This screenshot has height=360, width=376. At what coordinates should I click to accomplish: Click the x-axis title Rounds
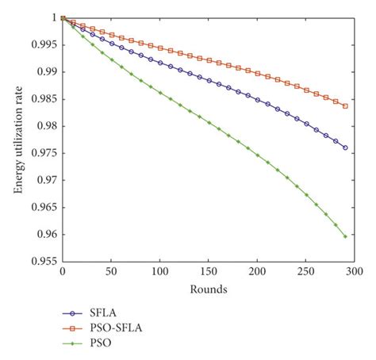[x=209, y=289]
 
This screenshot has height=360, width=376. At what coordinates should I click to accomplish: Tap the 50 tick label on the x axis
[x=110, y=273]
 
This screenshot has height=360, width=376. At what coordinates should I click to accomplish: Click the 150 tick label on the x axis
[x=209, y=273]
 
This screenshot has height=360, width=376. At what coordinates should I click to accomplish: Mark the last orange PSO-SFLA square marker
[x=345, y=105]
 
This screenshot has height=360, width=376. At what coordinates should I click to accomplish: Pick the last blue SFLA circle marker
[x=345, y=147]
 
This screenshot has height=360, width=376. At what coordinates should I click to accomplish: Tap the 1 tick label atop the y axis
[x=53, y=17]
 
